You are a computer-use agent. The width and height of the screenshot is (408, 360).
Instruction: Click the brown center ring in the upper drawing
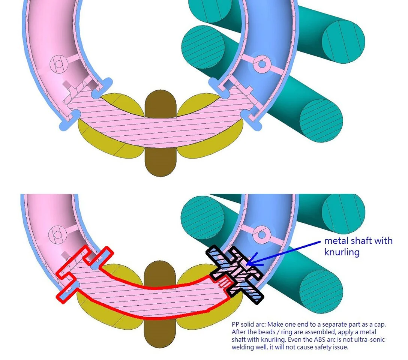tap(160, 157)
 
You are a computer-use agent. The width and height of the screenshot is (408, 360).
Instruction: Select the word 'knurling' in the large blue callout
tap(342, 252)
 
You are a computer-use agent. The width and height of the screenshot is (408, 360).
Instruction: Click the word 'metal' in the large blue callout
tap(335, 240)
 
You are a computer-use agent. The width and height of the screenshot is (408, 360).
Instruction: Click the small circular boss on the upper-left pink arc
tap(58, 64)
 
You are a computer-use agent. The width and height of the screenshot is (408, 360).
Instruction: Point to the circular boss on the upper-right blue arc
tap(259, 64)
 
